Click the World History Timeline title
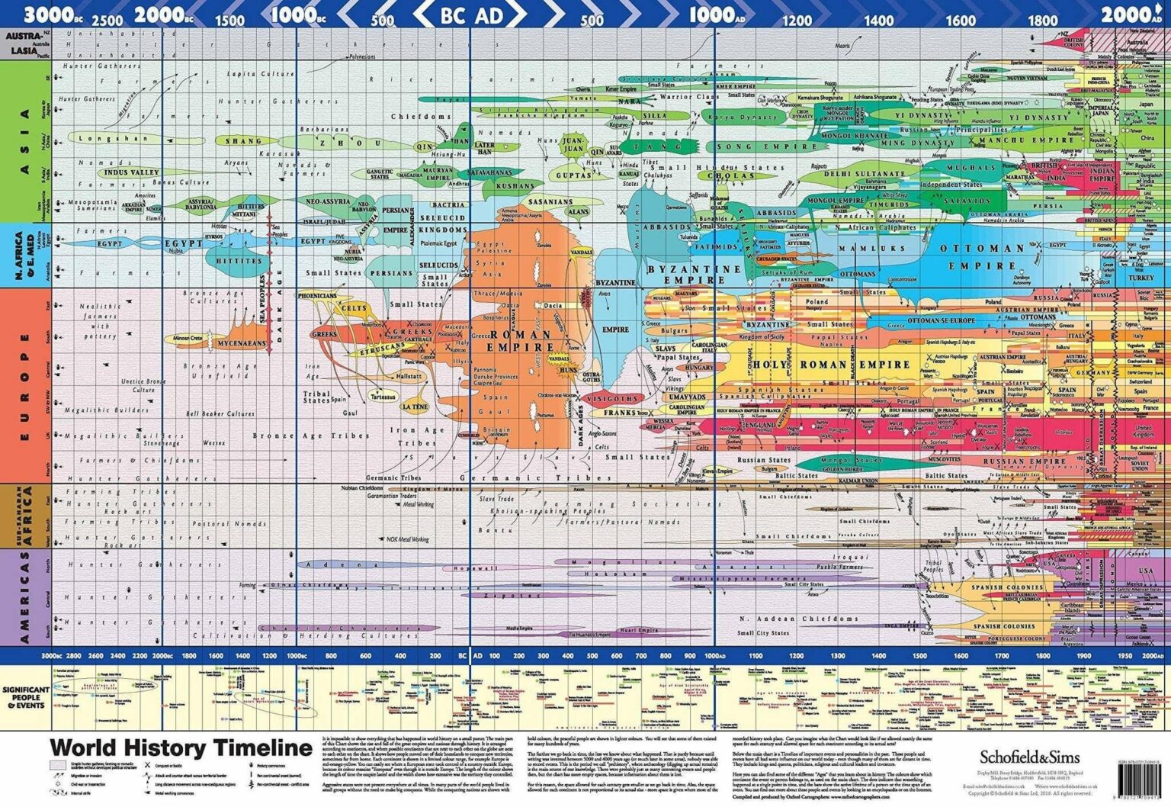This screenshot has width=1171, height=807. click(181, 748)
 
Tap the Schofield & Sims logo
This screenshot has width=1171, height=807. click(1029, 757)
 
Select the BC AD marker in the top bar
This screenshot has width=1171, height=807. click(471, 14)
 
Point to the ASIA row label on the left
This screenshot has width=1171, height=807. click(25, 141)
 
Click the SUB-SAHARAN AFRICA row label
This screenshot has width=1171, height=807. click(25, 516)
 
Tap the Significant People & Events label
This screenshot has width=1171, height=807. click(26, 697)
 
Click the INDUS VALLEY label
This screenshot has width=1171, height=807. click(132, 172)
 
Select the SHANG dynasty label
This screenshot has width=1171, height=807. click(243, 141)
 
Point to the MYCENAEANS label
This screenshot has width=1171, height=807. click(242, 343)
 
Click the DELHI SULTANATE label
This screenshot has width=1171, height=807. click(864, 174)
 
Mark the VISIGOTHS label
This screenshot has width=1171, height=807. click(612, 399)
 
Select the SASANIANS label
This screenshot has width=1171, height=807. click(550, 202)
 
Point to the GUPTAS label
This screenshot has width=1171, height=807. click(573, 175)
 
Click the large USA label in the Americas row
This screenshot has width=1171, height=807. click(1146, 571)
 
